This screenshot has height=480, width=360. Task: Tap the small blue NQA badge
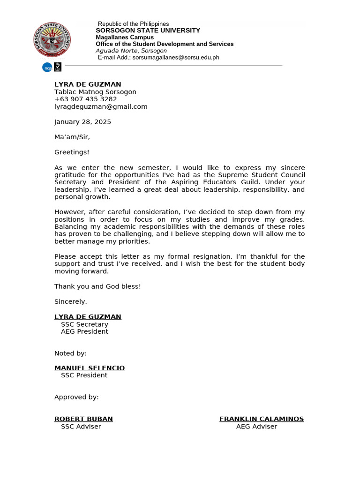click(x=47, y=67)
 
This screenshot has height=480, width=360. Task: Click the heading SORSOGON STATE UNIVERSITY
click(x=148, y=30)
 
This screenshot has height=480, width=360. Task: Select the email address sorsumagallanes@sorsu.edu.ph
click(x=176, y=58)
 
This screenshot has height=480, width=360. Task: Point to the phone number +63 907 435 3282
click(x=86, y=99)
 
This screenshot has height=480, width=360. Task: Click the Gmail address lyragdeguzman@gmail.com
click(x=101, y=107)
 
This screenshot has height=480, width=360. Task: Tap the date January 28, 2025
click(x=82, y=122)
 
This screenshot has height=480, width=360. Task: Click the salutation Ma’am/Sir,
click(x=72, y=137)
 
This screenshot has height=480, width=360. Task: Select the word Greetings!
click(x=72, y=152)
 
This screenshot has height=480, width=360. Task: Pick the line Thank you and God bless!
click(x=97, y=286)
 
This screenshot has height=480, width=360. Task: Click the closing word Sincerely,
click(x=71, y=301)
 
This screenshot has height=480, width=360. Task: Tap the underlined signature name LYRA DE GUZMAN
click(x=88, y=317)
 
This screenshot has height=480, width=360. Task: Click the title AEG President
click(x=84, y=332)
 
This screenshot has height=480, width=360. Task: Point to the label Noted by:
click(x=70, y=353)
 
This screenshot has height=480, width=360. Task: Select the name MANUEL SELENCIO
click(x=90, y=368)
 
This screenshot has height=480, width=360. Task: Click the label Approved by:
click(x=76, y=397)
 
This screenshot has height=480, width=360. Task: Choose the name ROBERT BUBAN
click(x=83, y=419)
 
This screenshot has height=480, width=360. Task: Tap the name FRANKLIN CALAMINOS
click(x=262, y=419)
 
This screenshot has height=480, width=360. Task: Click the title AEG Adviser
click(x=256, y=427)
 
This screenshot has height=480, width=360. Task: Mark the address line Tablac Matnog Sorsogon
click(x=95, y=92)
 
